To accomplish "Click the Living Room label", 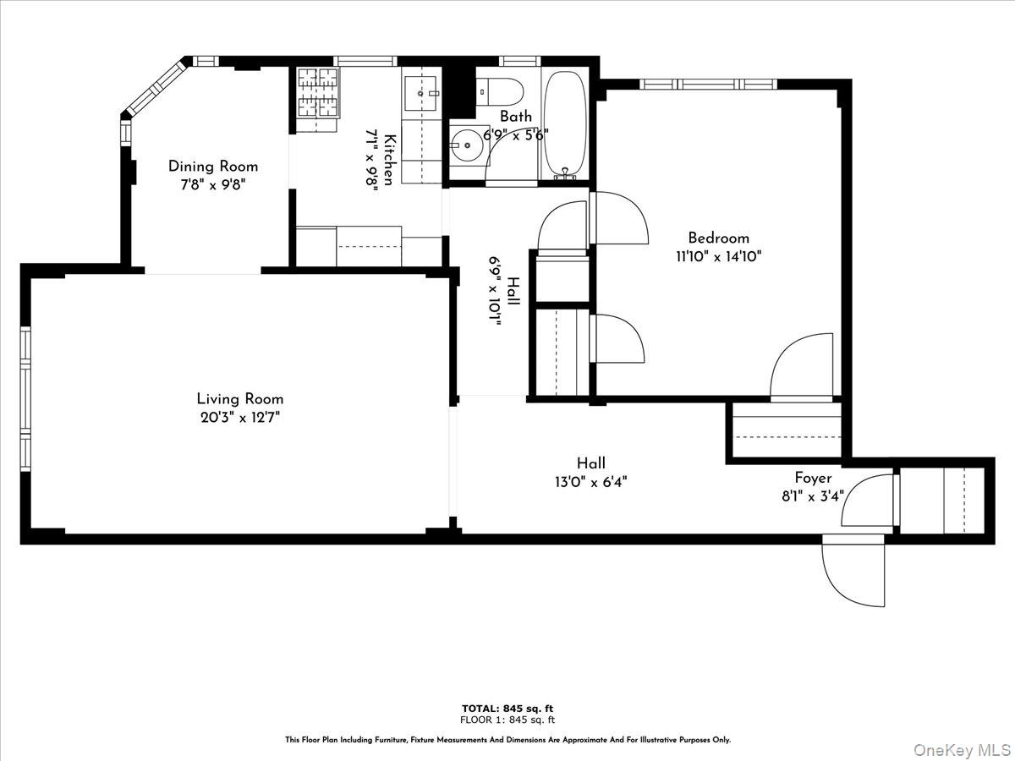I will (x=240, y=399).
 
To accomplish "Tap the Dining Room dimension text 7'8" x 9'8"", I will (x=212, y=183).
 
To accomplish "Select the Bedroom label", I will (x=718, y=238).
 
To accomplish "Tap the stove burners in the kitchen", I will (x=318, y=92).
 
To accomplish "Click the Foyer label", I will (x=813, y=478).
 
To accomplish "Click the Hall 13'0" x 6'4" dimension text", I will (x=591, y=481).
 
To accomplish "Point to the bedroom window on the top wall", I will (x=707, y=84).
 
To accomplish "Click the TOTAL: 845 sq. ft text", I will (x=507, y=709).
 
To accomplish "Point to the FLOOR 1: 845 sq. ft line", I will (x=507, y=720).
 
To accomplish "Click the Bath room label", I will (x=516, y=117).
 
